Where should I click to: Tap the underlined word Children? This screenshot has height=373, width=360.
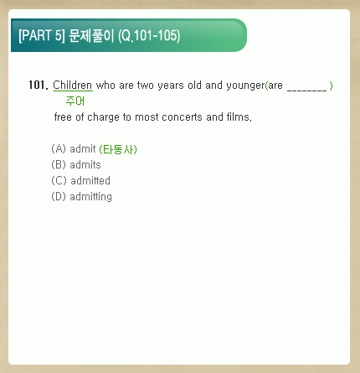pos(73,85)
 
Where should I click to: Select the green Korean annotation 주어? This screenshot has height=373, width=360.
pos(75,101)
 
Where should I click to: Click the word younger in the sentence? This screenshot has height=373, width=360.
pos(245,85)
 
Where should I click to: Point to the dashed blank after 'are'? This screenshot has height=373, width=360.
pos(306,90)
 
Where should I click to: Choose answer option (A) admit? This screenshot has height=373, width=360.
pos(74,149)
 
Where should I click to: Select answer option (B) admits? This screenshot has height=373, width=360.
pos(76,165)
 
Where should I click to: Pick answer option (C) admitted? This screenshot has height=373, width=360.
pos(80,181)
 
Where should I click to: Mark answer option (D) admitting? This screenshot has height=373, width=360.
pos(81,197)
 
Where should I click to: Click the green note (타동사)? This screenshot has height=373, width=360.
pos(118,149)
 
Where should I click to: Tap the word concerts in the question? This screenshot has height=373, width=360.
pos(182,117)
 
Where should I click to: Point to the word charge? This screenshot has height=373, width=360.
pos(103,117)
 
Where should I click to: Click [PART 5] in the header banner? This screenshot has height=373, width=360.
pos(42,35)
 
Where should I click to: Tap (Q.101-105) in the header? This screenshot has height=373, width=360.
pos(149,36)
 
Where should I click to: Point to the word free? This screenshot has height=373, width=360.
pos(63,117)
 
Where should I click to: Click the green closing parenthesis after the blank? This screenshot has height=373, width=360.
pos(331,85)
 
